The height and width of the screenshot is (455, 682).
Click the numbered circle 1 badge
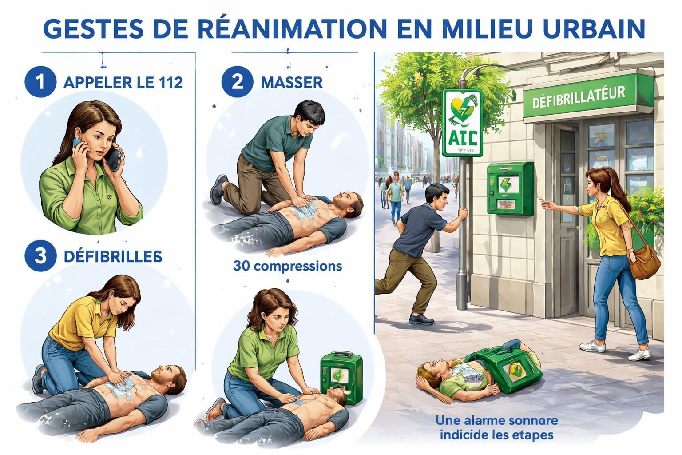(x=40, y=83)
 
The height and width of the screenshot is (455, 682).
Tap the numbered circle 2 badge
(x=238, y=82)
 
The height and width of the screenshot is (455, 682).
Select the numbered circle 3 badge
(x=40, y=256)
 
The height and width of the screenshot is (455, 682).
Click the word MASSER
(x=292, y=83)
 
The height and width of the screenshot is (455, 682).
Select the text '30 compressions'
(x=287, y=266)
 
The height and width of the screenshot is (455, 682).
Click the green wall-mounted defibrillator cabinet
(x=511, y=188)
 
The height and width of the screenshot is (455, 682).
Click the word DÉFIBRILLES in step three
(x=113, y=256)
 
